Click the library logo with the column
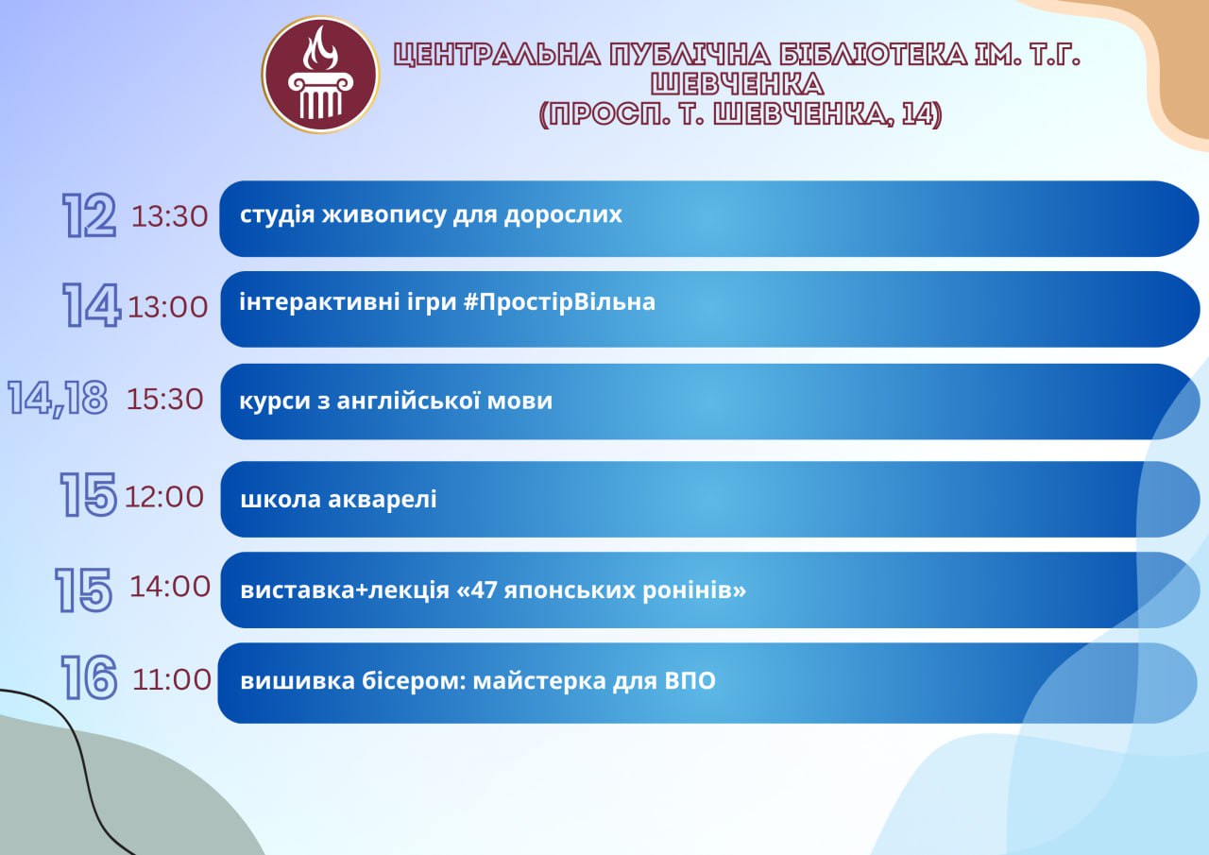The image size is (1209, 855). [x=320, y=75]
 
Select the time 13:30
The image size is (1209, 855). [x=169, y=216]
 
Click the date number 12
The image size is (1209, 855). [x=89, y=215]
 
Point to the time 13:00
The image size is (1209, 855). [x=168, y=307]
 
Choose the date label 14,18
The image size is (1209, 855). [x=58, y=399]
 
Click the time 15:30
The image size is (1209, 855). [x=165, y=400]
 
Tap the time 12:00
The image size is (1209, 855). [x=164, y=497]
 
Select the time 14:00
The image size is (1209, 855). [x=170, y=587]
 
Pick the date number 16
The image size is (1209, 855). [x=89, y=677]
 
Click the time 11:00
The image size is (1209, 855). [x=172, y=679]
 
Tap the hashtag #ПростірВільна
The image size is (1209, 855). [x=560, y=302]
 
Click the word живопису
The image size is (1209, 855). [x=383, y=215]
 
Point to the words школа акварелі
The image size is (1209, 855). [x=338, y=499]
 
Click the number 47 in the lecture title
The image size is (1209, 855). [x=485, y=590]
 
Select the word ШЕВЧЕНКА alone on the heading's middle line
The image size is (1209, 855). [x=738, y=84]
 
